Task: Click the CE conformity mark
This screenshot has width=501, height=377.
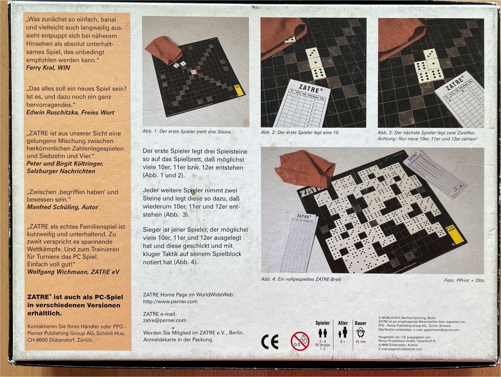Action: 270,341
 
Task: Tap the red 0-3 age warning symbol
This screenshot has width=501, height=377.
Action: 300,341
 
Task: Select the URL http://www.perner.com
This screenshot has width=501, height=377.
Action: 170,301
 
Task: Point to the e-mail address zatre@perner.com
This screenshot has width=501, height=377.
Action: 164,320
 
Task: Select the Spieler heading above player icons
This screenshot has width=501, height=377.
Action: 323,323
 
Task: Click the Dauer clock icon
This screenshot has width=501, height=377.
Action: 360,333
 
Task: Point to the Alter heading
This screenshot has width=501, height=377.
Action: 343,323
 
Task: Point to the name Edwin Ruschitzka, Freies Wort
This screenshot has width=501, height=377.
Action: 70,112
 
